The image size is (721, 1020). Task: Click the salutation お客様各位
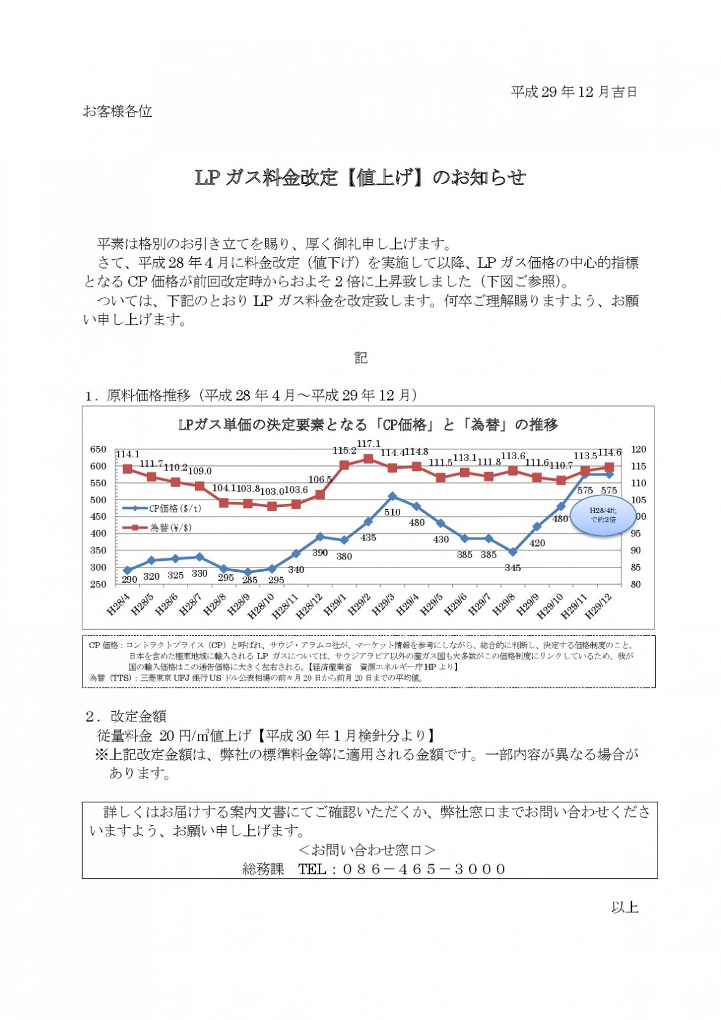point(117,111)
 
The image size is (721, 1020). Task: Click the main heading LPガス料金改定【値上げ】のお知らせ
point(360,177)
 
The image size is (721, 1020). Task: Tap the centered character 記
point(360,358)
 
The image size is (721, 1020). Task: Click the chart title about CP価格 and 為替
point(368,425)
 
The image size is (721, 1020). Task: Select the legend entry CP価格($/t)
point(163,508)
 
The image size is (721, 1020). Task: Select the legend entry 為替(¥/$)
point(158,528)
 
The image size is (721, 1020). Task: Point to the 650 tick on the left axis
point(98,449)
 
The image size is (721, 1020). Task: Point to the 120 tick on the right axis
point(639,449)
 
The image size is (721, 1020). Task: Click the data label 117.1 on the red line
point(368,443)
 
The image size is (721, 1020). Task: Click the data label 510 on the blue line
point(392,512)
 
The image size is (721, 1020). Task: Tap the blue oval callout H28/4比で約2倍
point(602,516)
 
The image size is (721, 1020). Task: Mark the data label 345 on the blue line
point(513,568)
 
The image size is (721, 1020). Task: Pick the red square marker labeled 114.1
point(128,469)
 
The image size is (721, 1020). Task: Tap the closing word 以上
point(624,907)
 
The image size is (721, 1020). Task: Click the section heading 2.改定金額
point(125,716)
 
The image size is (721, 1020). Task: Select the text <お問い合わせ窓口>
point(367,850)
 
